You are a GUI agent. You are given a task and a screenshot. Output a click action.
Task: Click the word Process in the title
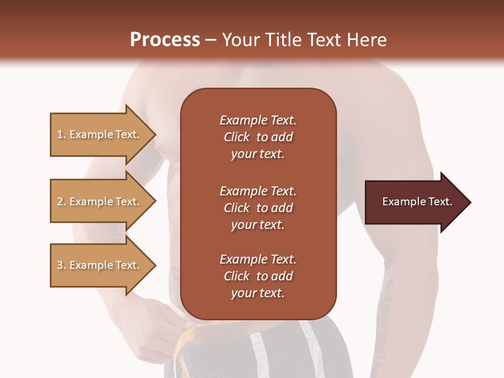tap(165, 40)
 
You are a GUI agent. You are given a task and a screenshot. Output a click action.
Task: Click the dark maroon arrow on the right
tap(415, 202)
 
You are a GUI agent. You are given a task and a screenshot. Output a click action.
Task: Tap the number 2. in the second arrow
tap(61, 202)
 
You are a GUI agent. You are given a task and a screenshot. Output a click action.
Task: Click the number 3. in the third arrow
tap(61, 265)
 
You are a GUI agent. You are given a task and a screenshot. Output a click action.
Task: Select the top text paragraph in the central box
tap(258, 137)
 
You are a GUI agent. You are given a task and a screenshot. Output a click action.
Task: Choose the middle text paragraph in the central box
tap(258, 207)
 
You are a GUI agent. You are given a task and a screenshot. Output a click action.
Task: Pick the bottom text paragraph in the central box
tap(258, 276)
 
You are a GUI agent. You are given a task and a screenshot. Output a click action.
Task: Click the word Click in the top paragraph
tap(237, 137)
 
